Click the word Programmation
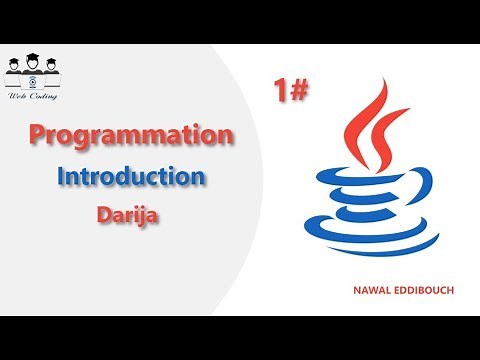pyautogui.click(x=130, y=134)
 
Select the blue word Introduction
pyautogui.click(x=131, y=177)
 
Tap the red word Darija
pyautogui.click(x=130, y=213)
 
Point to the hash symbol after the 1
pyautogui.click(x=297, y=92)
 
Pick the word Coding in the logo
pyautogui.click(x=44, y=96)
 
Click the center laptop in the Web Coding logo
pyautogui.click(x=35, y=78)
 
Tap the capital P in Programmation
pyautogui.click(x=37, y=134)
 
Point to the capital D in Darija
pyautogui.click(x=104, y=213)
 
